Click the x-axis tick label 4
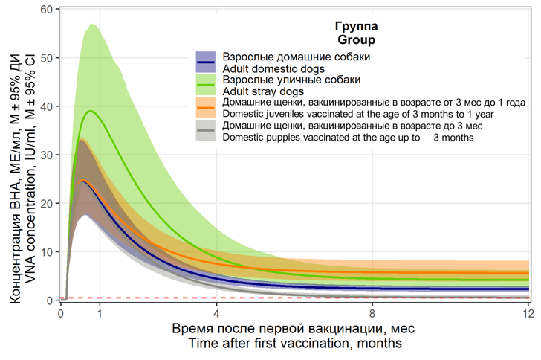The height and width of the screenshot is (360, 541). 216,313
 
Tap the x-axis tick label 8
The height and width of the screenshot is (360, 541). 372,313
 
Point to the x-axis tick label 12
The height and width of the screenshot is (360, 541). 528,313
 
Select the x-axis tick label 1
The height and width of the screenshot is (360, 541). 100,313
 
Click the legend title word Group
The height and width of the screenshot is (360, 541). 356,39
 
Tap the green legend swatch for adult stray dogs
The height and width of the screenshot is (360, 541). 206,84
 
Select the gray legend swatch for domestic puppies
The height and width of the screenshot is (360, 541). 206,132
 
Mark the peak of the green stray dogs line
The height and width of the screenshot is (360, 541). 91,111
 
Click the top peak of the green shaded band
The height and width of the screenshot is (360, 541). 92,25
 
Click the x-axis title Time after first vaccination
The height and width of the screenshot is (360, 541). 295,343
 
